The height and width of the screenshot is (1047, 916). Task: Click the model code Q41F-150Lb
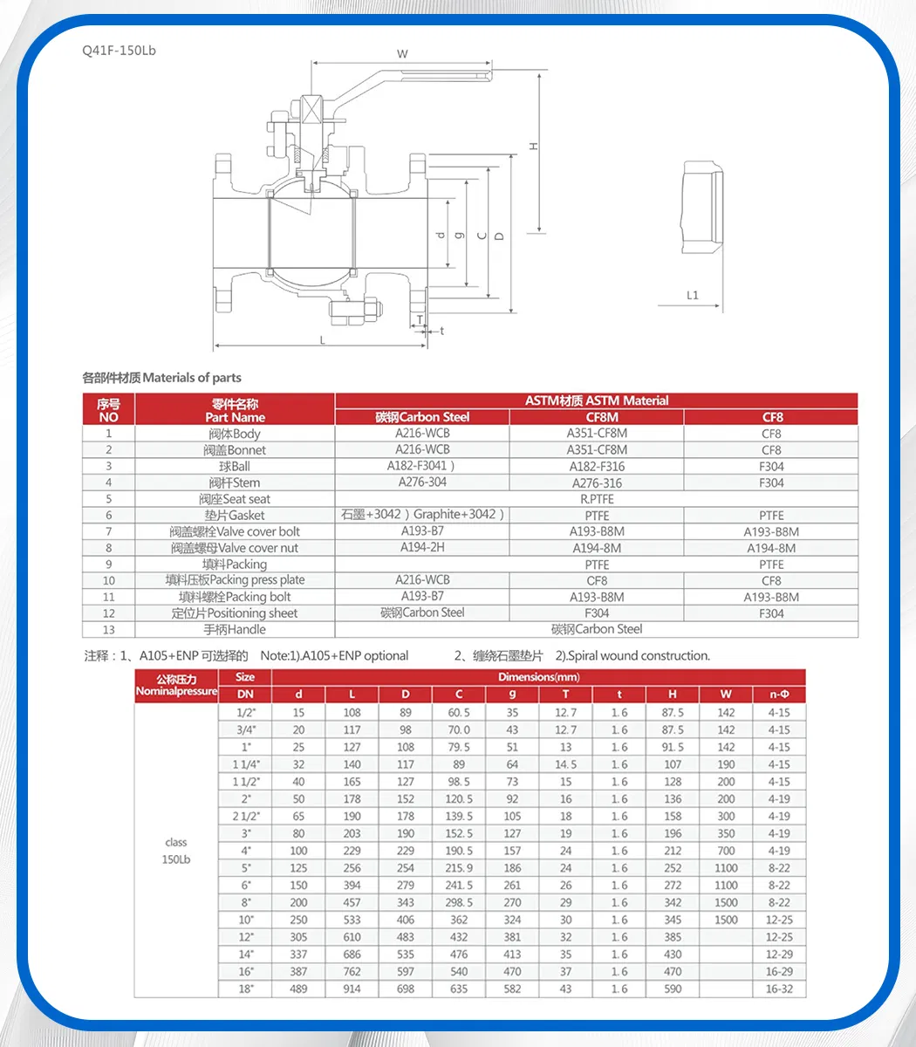click(119, 51)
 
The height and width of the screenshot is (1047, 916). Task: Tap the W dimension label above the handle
click(402, 54)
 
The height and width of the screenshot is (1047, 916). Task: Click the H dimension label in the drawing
click(534, 146)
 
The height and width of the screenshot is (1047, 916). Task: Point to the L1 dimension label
click(692, 295)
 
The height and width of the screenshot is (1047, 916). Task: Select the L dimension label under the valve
click(322, 339)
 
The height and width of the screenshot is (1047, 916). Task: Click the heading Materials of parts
click(161, 378)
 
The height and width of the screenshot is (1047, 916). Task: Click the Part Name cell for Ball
click(235, 466)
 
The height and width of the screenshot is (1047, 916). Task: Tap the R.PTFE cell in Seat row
click(597, 499)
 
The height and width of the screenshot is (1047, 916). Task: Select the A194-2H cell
click(422, 547)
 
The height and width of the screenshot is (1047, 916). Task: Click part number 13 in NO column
click(109, 629)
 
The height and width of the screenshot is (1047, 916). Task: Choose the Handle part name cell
click(235, 629)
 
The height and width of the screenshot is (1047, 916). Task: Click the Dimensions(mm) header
click(538, 677)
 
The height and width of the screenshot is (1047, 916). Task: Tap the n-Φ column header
click(778, 695)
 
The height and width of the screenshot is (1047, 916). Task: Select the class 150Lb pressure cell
click(175, 851)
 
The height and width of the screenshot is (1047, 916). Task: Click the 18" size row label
click(245, 989)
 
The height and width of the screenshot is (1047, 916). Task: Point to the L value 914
click(352, 989)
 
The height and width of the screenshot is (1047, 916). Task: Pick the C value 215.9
click(459, 868)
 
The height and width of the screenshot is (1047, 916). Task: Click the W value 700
click(726, 851)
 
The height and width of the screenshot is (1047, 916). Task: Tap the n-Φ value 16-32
click(778, 989)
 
